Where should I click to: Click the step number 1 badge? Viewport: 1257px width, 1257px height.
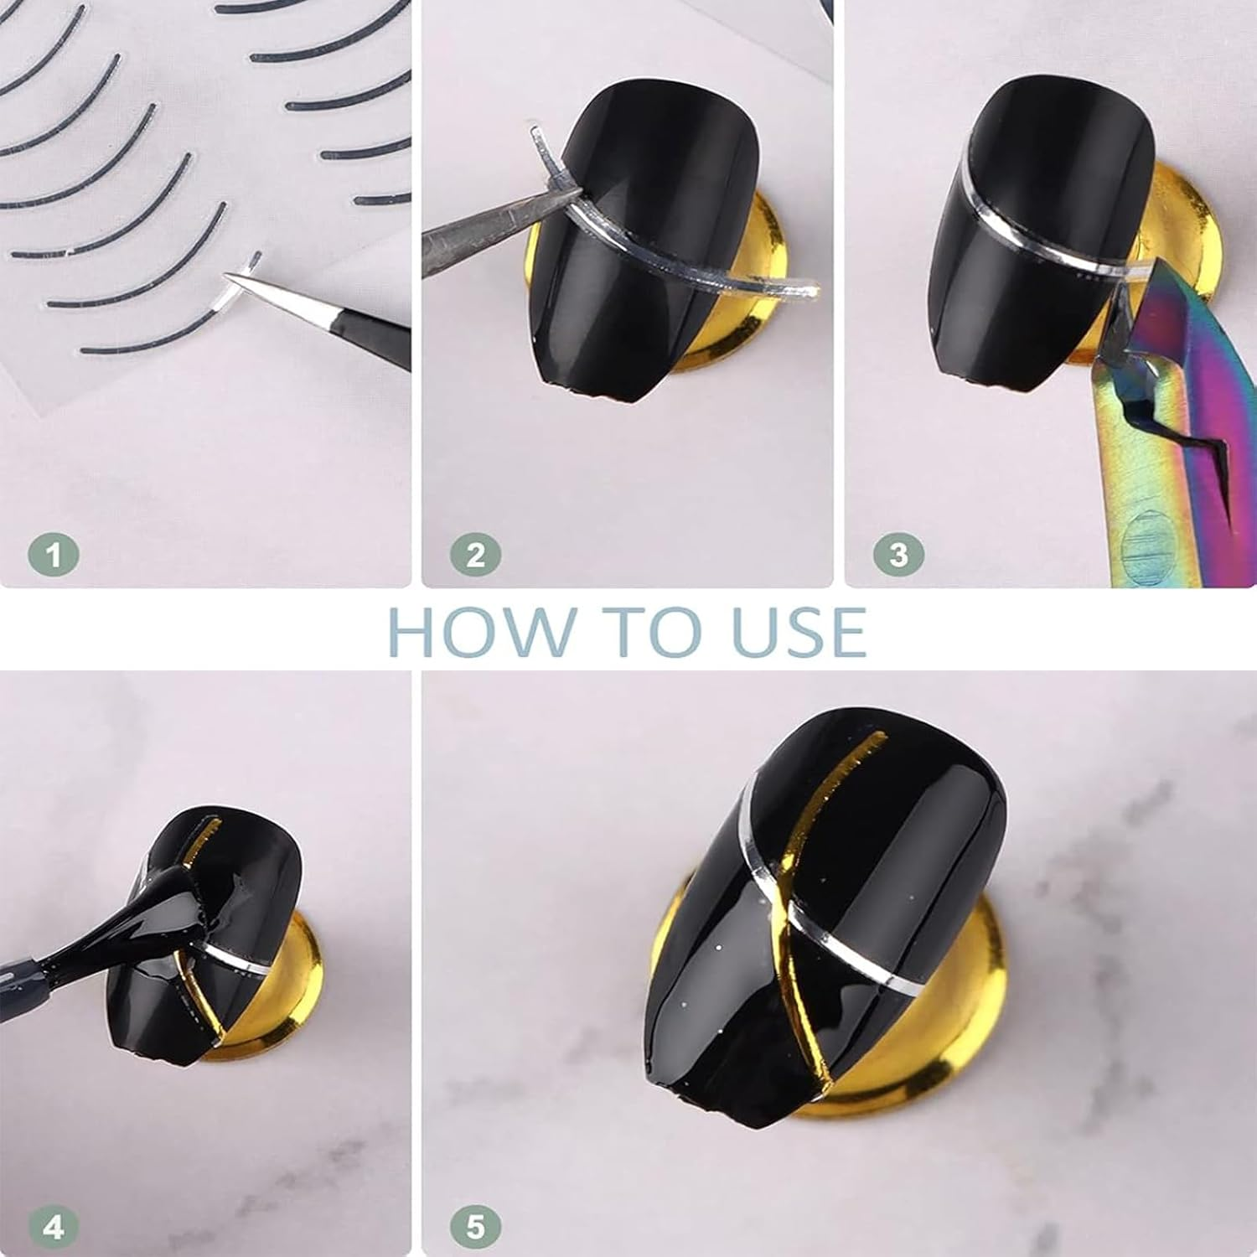point(54,555)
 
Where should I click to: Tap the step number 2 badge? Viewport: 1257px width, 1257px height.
point(476,555)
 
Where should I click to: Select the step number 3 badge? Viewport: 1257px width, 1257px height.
point(898,555)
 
